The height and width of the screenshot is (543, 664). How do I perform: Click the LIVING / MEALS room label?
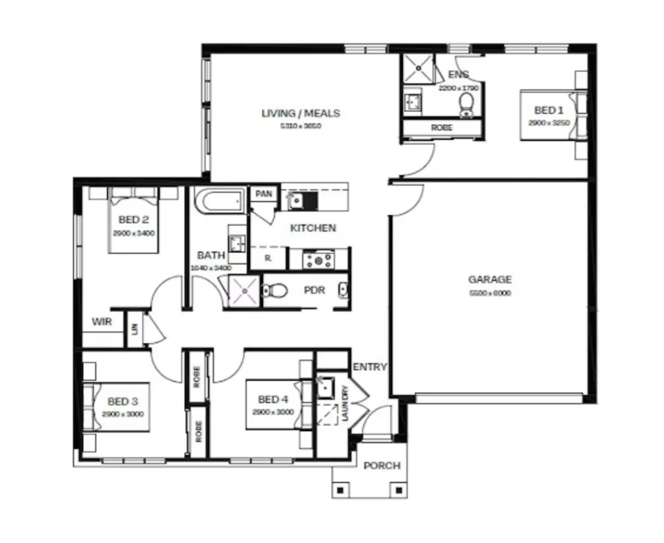pyautogui.click(x=301, y=113)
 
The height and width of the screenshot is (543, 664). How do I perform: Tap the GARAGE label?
pyautogui.click(x=490, y=280)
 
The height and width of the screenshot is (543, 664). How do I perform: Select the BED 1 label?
pyautogui.click(x=549, y=110)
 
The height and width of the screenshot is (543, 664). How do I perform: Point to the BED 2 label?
pyautogui.click(x=134, y=220)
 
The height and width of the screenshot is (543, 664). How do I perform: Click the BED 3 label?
pyautogui.click(x=123, y=401)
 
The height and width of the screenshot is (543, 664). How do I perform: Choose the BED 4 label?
pyautogui.click(x=273, y=400)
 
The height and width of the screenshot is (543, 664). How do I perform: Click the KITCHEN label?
pyautogui.click(x=313, y=228)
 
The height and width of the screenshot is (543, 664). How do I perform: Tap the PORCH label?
pyautogui.click(x=382, y=465)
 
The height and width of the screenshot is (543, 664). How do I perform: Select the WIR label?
pyautogui.click(x=101, y=322)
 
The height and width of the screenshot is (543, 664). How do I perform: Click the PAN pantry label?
pyautogui.click(x=264, y=194)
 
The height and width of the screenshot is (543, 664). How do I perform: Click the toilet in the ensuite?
pyautogui.click(x=466, y=105)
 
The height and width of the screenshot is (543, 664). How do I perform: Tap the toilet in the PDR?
pyautogui.click(x=275, y=290)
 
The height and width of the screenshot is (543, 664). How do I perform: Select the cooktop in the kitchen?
pyautogui.click(x=319, y=260)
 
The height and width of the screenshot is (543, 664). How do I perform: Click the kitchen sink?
pyautogui.click(x=295, y=200)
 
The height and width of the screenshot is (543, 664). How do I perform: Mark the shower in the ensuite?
pyautogui.click(x=418, y=68)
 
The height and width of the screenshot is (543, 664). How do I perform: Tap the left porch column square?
pyautogui.click(x=341, y=490)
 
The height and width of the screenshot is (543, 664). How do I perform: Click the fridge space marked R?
pyautogui.click(x=268, y=259)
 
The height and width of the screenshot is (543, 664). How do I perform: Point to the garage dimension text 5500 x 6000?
pyautogui.click(x=490, y=293)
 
